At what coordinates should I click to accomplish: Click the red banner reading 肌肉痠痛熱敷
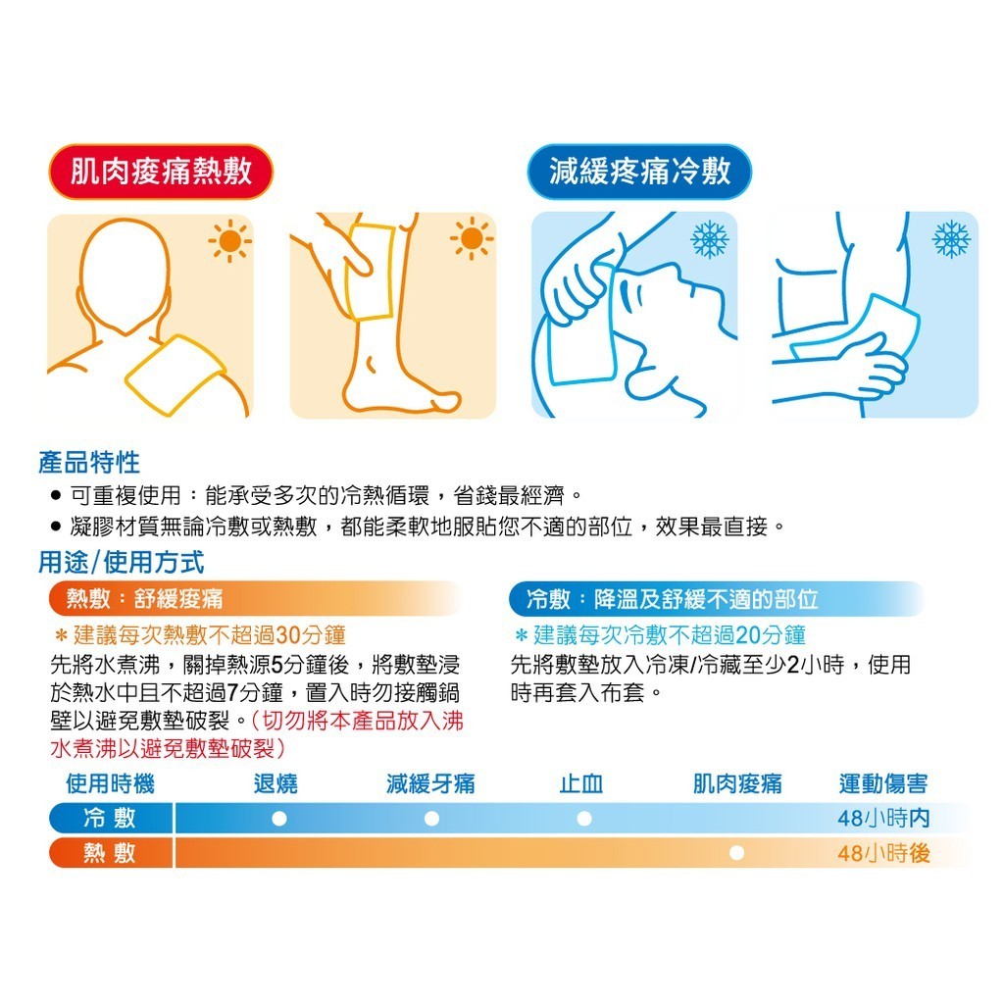tap(161, 172)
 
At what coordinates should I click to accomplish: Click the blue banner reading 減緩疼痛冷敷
tap(639, 172)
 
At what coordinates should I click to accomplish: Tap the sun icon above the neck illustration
tap(229, 241)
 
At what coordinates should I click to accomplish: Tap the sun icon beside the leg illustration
tap(472, 239)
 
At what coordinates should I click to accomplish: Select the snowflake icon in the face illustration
tap(710, 239)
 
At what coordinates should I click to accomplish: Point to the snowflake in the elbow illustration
tap(951, 239)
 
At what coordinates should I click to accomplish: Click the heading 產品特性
tap(89, 463)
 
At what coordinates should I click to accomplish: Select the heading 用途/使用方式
tap(121, 562)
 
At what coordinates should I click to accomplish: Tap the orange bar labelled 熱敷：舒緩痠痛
tap(256, 599)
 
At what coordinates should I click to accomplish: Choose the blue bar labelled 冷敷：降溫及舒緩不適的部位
tap(717, 599)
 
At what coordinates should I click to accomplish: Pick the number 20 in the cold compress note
tap(748, 635)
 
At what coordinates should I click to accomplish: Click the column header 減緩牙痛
tap(431, 783)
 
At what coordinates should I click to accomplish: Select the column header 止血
tap(581, 783)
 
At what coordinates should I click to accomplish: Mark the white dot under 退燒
tap(279, 819)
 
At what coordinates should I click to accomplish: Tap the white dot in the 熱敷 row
tap(737, 853)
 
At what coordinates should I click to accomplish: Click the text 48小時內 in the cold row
tap(883, 818)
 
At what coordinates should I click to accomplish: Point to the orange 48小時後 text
tap(883, 853)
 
